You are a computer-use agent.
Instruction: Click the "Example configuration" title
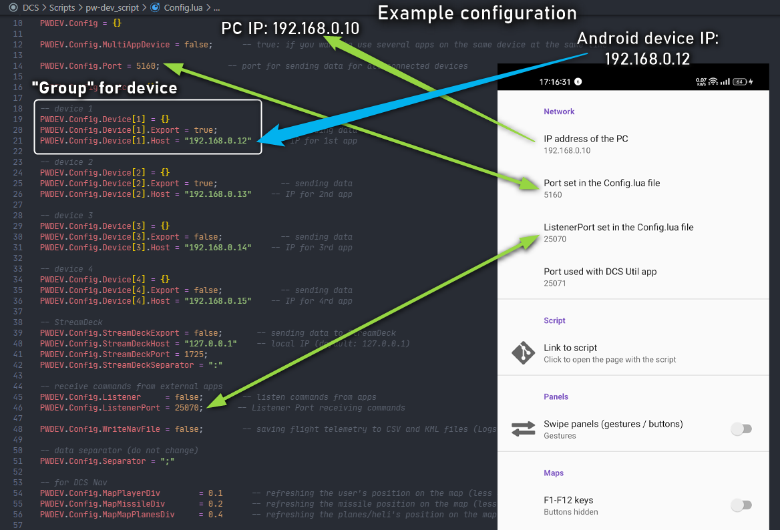click(477, 13)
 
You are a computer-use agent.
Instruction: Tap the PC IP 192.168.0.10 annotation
click(290, 29)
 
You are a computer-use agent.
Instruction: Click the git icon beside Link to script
click(524, 353)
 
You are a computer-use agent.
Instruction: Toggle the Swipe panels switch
click(741, 429)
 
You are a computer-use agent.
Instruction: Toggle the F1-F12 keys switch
click(741, 505)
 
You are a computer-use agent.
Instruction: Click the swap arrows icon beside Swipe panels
click(524, 429)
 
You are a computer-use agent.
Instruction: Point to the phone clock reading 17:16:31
click(555, 82)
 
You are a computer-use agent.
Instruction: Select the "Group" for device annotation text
click(104, 87)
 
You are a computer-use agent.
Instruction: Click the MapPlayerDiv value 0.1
click(215, 493)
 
